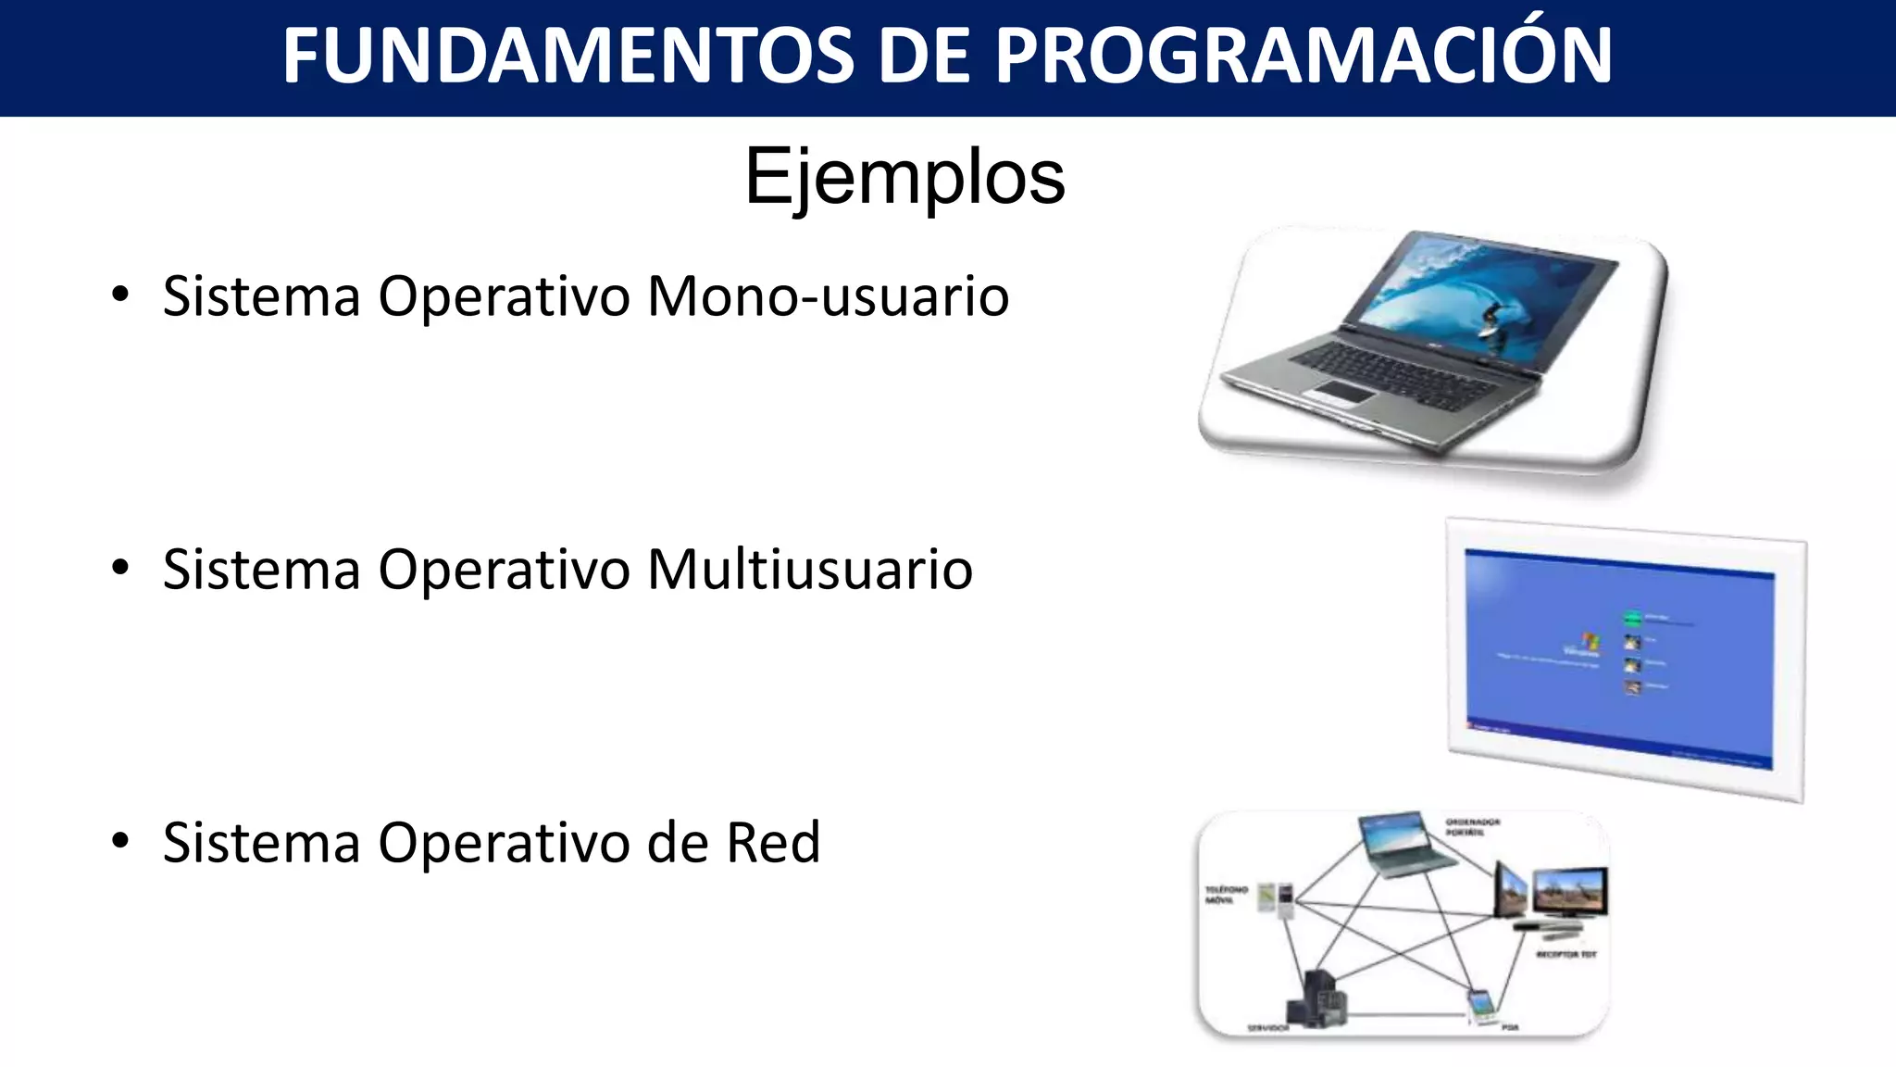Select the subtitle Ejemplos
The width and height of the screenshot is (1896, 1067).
[904, 177]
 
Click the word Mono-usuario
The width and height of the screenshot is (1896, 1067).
[828, 296]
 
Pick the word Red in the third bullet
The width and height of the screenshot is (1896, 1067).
[773, 842]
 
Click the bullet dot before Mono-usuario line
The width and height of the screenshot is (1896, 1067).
[120, 296]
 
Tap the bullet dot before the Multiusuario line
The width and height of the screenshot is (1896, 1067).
[120, 569]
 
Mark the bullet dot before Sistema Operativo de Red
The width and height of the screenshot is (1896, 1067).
[120, 842]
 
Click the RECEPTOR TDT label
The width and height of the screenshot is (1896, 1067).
[1566, 954]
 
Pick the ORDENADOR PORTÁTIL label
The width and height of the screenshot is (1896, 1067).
[1473, 826]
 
